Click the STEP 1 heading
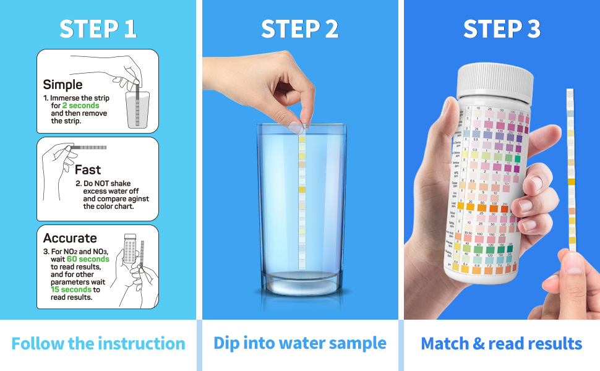point(98,29)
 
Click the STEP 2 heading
point(299,29)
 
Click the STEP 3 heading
point(502,29)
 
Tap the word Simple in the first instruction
point(62,85)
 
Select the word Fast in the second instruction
point(88,169)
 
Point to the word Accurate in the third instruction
point(70,238)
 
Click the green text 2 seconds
point(80,106)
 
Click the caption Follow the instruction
point(98,344)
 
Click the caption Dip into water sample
point(299,343)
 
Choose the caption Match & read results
point(502,344)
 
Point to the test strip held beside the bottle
point(570,173)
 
